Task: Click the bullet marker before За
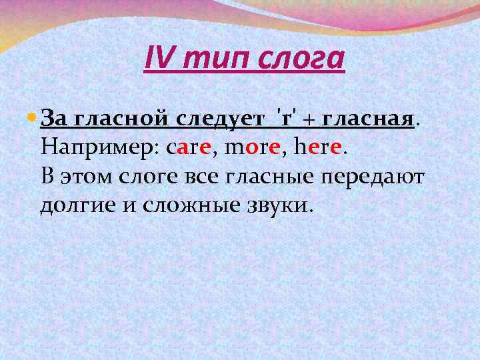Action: coord(33,118)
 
